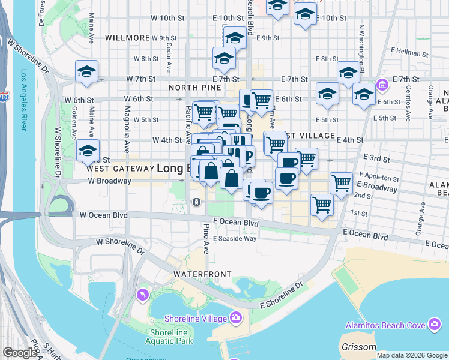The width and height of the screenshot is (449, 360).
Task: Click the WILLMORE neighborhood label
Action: (x=127, y=37)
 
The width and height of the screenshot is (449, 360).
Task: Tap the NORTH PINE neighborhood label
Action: (x=191, y=88)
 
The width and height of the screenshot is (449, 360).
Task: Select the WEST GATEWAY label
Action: (x=112, y=169)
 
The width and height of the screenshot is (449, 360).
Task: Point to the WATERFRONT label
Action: (x=202, y=274)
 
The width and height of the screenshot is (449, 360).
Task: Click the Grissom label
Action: (x=358, y=347)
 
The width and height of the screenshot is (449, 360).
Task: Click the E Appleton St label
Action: (x=379, y=178)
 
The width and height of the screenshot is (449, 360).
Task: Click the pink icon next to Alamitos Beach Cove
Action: (x=435, y=326)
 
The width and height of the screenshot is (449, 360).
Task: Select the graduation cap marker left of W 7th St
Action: (x=86, y=72)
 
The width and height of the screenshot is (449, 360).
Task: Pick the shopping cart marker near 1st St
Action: (x=322, y=204)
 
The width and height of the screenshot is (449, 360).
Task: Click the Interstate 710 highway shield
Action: (x=5, y=95)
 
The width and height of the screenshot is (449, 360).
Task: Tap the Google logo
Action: (x=20, y=353)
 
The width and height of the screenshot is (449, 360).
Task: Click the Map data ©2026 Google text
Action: (x=412, y=355)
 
